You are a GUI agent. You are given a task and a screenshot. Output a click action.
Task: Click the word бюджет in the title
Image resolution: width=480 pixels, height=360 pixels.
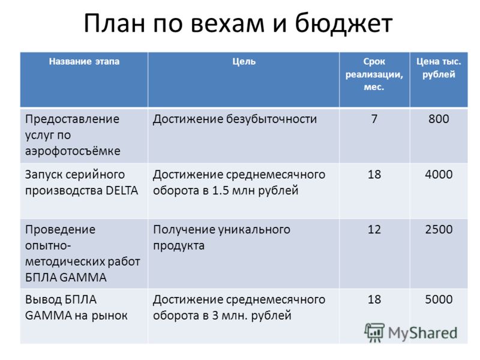click(343, 23)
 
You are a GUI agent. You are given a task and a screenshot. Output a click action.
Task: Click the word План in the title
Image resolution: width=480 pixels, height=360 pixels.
click(114, 23)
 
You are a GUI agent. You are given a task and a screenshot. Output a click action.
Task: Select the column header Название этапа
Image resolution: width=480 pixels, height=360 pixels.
click(84, 61)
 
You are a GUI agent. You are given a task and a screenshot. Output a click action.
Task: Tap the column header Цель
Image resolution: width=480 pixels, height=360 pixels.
click(244, 62)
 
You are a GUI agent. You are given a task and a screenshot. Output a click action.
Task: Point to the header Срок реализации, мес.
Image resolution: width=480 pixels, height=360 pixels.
click(374, 74)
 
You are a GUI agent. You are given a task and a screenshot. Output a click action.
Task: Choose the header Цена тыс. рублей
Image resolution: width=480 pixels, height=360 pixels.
click(439, 68)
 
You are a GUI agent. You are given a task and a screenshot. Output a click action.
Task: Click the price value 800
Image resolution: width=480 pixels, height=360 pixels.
click(439, 119)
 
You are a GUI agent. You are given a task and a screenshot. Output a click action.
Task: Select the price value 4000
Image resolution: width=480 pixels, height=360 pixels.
click(439, 174)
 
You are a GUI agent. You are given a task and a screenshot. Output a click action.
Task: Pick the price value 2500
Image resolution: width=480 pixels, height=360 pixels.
click(439, 229)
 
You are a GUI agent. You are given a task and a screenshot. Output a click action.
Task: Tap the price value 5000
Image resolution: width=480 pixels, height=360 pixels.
click(439, 299)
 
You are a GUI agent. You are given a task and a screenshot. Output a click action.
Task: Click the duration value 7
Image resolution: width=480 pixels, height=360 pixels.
click(374, 119)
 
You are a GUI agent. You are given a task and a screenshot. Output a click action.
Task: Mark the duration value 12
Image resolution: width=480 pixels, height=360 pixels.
click(374, 229)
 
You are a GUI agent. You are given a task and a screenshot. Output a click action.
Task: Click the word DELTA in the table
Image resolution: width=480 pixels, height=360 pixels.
click(122, 190)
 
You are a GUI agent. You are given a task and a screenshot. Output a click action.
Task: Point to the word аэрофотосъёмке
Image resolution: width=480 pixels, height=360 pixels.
click(73, 151)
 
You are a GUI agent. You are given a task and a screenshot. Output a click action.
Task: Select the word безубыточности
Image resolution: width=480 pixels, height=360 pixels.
click(271, 119)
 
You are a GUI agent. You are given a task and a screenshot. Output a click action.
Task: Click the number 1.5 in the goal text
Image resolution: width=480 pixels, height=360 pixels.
click(220, 190)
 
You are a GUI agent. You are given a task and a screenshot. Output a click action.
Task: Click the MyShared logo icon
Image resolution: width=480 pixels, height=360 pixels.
click(374, 332)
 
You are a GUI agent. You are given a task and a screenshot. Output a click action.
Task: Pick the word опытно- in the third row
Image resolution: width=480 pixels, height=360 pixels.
click(48, 245)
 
